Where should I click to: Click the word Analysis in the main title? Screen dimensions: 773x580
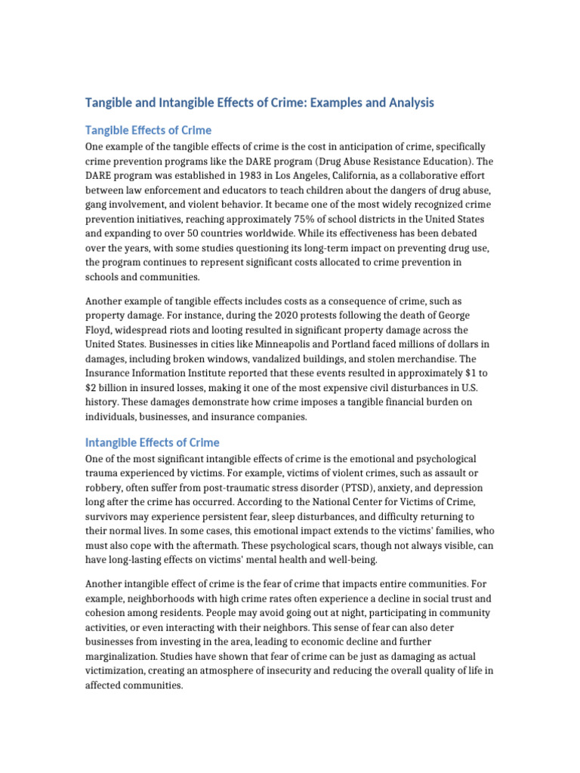409,102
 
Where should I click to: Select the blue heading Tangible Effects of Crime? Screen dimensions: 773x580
148,130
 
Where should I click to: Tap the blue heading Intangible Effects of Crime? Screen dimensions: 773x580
152,442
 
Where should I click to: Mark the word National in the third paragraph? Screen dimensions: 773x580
332,502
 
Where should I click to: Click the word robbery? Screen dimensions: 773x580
103,488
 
